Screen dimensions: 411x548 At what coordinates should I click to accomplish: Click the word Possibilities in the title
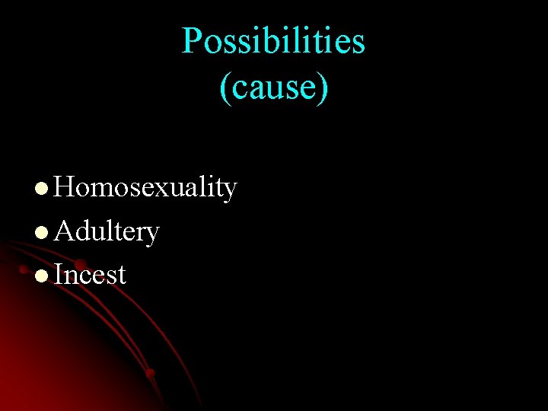point(273,41)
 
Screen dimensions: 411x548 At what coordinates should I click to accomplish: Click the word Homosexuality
point(145,187)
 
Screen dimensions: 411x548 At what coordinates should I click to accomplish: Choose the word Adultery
point(107,231)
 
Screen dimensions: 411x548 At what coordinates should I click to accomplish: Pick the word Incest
point(90,274)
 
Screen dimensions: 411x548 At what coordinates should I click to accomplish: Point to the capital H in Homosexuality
point(65,186)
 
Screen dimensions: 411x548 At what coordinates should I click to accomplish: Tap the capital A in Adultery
point(65,230)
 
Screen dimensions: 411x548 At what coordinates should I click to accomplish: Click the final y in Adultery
point(152,234)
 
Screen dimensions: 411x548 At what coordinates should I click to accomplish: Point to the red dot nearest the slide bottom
point(150,373)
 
